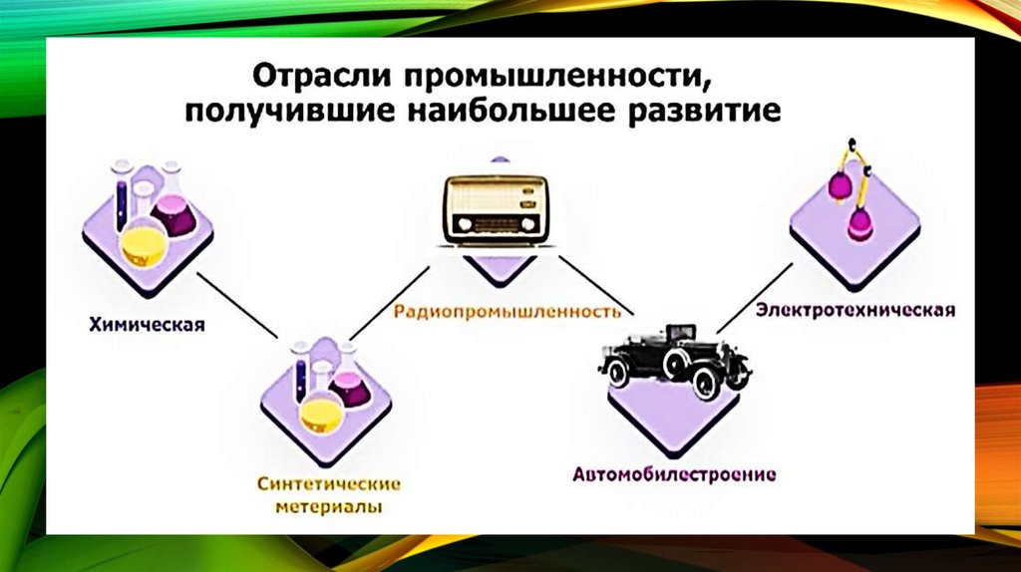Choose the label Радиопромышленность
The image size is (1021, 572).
coord(508,311)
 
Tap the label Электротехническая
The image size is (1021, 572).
coord(855,310)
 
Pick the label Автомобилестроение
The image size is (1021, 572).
coord(674,473)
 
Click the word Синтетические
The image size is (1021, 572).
coord(328,484)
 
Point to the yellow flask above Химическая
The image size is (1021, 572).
coord(142,241)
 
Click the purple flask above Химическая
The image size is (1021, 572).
coord(176,214)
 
